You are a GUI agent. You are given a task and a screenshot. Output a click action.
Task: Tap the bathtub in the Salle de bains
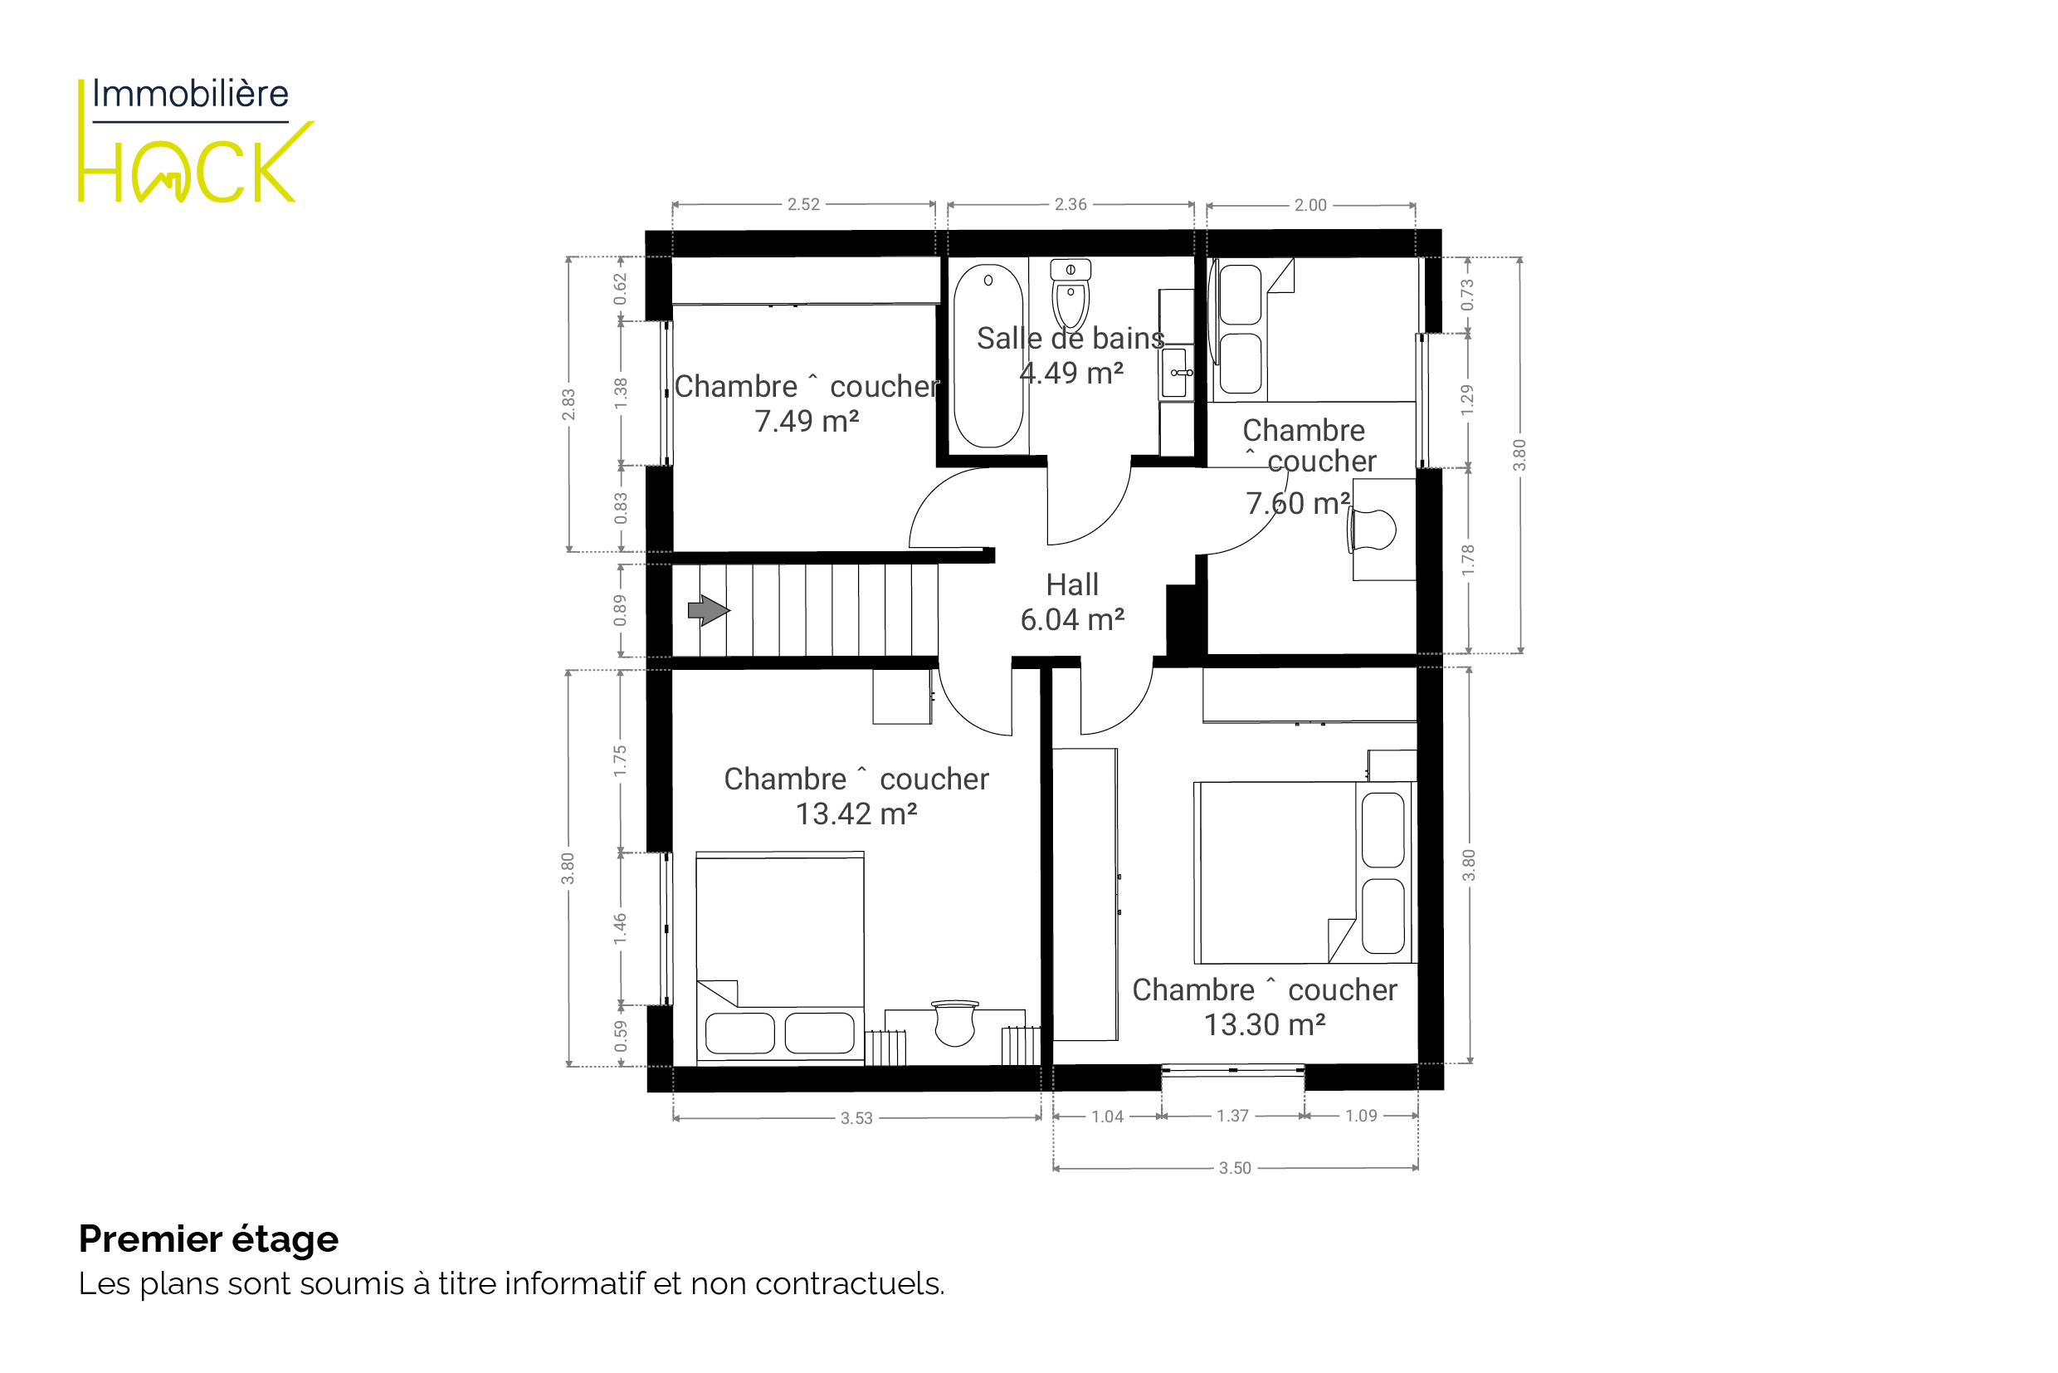pyautogui.click(x=988, y=356)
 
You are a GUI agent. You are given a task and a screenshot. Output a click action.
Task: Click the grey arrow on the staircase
pyautogui.click(x=708, y=610)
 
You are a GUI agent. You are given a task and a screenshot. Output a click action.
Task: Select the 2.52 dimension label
pyautogui.click(x=803, y=204)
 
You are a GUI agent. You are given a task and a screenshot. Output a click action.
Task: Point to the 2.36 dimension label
pyautogui.click(x=1070, y=204)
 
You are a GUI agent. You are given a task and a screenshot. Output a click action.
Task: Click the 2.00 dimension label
pyautogui.click(x=1310, y=205)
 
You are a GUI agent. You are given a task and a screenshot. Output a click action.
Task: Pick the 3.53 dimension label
pyautogui.click(x=857, y=1118)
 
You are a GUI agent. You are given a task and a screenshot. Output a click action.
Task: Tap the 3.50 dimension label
pyautogui.click(x=1235, y=1168)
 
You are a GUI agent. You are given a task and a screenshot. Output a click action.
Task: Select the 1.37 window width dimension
pyautogui.click(x=1232, y=1116)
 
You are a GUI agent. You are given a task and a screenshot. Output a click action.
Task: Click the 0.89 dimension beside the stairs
pyautogui.click(x=621, y=610)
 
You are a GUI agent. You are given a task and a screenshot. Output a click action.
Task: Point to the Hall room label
pyautogui.click(x=1072, y=584)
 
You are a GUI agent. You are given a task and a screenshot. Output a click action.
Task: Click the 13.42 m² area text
pyautogui.click(x=856, y=814)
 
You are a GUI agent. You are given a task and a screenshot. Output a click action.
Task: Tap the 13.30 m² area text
pyautogui.click(x=1265, y=1024)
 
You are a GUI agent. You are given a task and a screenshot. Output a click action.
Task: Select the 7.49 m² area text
pyautogui.click(x=807, y=421)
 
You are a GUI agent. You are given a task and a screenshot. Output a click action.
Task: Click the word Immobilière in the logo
pyautogui.click(x=190, y=94)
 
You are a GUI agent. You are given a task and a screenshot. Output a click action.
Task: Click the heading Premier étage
pyautogui.click(x=208, y=1239)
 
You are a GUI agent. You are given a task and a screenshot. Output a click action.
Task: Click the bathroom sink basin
pyautogui.click(x=1176, y=372)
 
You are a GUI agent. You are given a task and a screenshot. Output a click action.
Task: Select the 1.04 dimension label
pyautogui.click(x=1107, y=1116)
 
